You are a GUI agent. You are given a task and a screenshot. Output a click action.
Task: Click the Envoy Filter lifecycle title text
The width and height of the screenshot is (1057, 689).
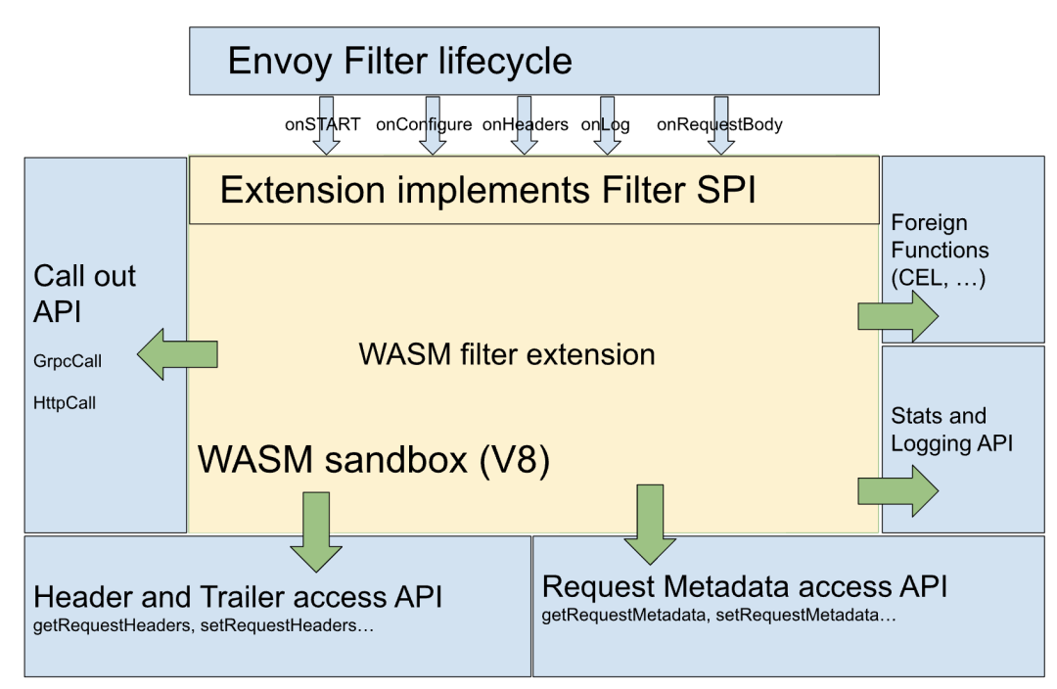click(399, 62)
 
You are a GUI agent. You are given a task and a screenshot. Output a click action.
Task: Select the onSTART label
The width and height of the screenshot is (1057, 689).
click(322, 124)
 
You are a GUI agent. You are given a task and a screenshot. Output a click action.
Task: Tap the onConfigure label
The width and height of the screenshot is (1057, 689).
click(424, 125)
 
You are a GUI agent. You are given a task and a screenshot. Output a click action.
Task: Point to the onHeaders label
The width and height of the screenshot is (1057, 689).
click(526, 124)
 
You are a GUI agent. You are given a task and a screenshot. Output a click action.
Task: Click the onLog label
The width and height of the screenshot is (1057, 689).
click(606, 125)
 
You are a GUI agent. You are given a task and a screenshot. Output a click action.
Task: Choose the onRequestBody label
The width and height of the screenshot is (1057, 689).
click(719, 125)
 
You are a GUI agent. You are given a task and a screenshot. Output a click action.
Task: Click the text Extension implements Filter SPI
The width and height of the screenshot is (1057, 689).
click(488, 190)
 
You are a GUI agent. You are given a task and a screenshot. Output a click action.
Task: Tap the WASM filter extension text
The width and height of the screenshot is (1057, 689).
click(507, 354)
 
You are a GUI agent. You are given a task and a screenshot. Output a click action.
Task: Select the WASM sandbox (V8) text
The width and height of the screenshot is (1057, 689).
click(374, 460)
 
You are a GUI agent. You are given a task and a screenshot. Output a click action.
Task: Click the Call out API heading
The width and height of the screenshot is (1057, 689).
click(84, 294)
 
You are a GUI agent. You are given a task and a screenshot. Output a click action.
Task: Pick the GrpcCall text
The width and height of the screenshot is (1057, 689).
click(68, 361)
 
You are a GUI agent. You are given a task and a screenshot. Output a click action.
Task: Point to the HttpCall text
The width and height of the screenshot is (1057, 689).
click(65, 403)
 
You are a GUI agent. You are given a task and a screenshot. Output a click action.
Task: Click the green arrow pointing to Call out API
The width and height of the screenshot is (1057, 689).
click(177, 354)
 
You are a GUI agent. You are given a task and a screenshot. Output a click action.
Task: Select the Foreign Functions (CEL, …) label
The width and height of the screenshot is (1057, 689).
click(940, 251)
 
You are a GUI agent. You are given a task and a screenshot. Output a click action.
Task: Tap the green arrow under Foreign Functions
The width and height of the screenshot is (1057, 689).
click(897, 315)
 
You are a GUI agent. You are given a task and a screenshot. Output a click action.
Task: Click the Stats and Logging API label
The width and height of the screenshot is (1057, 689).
click(952, 430)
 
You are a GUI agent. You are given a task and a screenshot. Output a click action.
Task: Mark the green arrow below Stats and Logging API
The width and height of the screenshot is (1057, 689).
click(897, 490)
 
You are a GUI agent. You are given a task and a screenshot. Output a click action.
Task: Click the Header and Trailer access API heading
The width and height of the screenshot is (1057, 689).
click(238, 597)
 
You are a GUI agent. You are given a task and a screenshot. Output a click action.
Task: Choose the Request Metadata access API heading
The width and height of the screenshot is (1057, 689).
click(745, 586)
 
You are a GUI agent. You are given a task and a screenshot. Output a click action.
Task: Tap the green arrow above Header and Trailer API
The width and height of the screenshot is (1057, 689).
click(316, 531)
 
